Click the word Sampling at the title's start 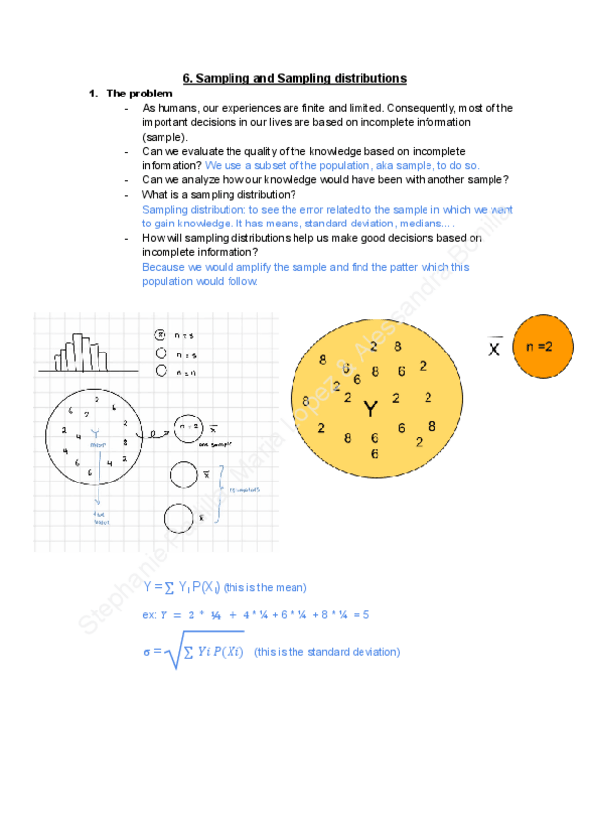228,78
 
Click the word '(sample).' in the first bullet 164,137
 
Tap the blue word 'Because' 164,267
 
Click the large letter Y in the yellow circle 370,408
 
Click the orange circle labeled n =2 545,346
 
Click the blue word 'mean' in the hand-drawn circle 98,446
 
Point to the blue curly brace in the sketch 224,488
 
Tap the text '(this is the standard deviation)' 327,652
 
